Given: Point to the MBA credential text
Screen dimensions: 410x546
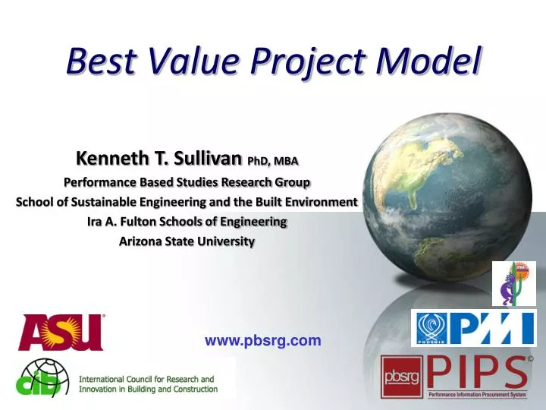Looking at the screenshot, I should pyautogui.click(x=286, y=161).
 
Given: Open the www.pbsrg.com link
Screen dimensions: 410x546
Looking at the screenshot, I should pyautogui.click(x=262, y=341).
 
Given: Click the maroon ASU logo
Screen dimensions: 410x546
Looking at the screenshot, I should pyautogui.click(x=61, y=333).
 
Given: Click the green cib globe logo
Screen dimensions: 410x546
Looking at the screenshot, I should pyautogui.click(x=42, y=377).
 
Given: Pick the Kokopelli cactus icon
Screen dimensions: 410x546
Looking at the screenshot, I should pyautogui.click(x=513, y=283).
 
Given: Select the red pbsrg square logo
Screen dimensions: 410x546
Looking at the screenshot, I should pyautogui.click(x=401, y=377).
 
